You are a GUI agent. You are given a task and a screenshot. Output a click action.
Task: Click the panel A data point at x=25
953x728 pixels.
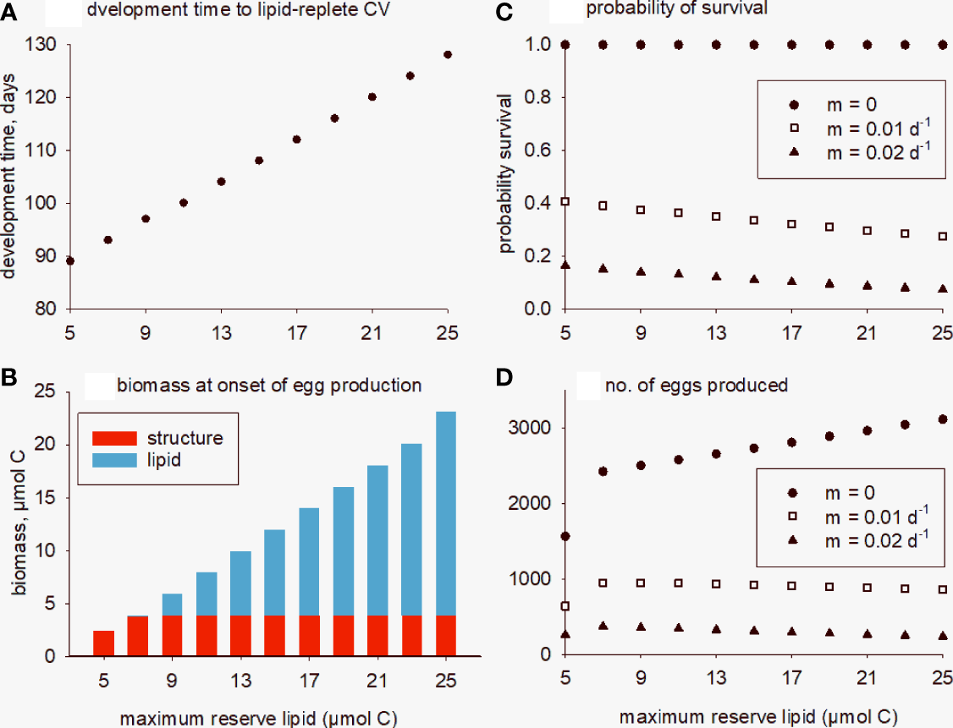(448, 55)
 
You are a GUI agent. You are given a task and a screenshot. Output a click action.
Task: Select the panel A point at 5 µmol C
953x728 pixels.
(70, 260)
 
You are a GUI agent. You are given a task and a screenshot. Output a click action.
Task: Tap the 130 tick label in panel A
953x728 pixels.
(37, 45)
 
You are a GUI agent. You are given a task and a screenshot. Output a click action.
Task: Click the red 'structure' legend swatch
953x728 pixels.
(109, 438)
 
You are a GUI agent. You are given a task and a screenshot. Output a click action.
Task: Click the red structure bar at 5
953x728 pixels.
(103, 643)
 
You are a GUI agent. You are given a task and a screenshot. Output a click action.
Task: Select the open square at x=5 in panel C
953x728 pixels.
(565, 202)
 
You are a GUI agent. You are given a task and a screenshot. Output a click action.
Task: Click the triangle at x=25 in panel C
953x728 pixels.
(943, 288)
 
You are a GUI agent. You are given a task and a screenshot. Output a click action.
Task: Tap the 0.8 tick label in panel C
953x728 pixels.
(535, 97)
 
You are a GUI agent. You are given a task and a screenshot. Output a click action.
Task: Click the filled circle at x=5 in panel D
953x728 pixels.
(565, 536)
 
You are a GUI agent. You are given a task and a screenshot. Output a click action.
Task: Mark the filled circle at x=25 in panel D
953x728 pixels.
(943, 419)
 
